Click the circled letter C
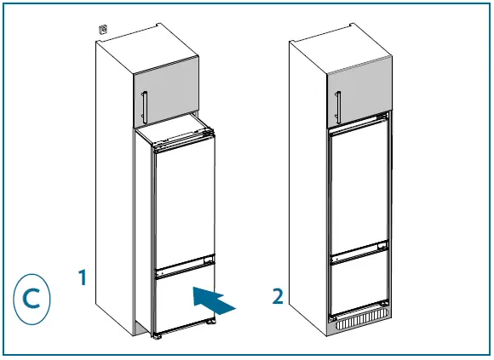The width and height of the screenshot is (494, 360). (32, 299)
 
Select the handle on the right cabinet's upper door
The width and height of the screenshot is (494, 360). (337, 106)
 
